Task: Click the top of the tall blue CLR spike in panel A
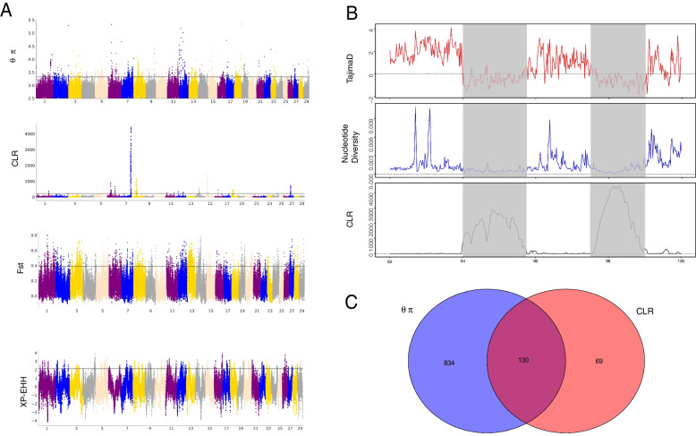tap(131, 127)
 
